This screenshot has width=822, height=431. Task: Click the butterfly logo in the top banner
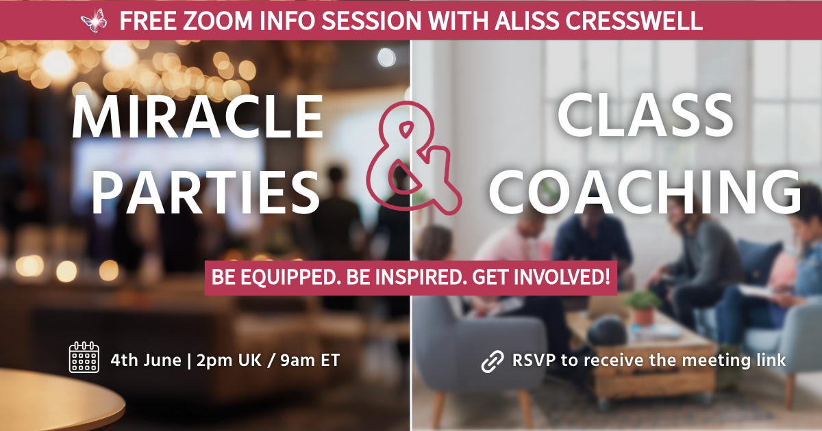[94, 21]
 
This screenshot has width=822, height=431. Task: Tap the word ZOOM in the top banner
[217, 21]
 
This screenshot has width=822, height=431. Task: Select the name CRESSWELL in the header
[634, 21]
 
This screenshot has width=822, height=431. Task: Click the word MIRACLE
[197, 116]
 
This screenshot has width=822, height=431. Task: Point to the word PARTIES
[205, 193]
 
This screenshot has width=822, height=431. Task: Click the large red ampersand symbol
[414, 158]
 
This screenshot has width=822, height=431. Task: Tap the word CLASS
[645, 115]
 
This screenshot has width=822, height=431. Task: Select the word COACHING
[645, 192]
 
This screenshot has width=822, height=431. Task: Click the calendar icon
[84, 357]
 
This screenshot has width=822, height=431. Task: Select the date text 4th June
[146, 361]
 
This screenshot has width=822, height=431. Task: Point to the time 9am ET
[310, 361]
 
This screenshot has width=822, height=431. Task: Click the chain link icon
[493, 361]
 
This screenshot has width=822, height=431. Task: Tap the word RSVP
[534, 361]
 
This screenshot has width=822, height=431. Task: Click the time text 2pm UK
[229, 361]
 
